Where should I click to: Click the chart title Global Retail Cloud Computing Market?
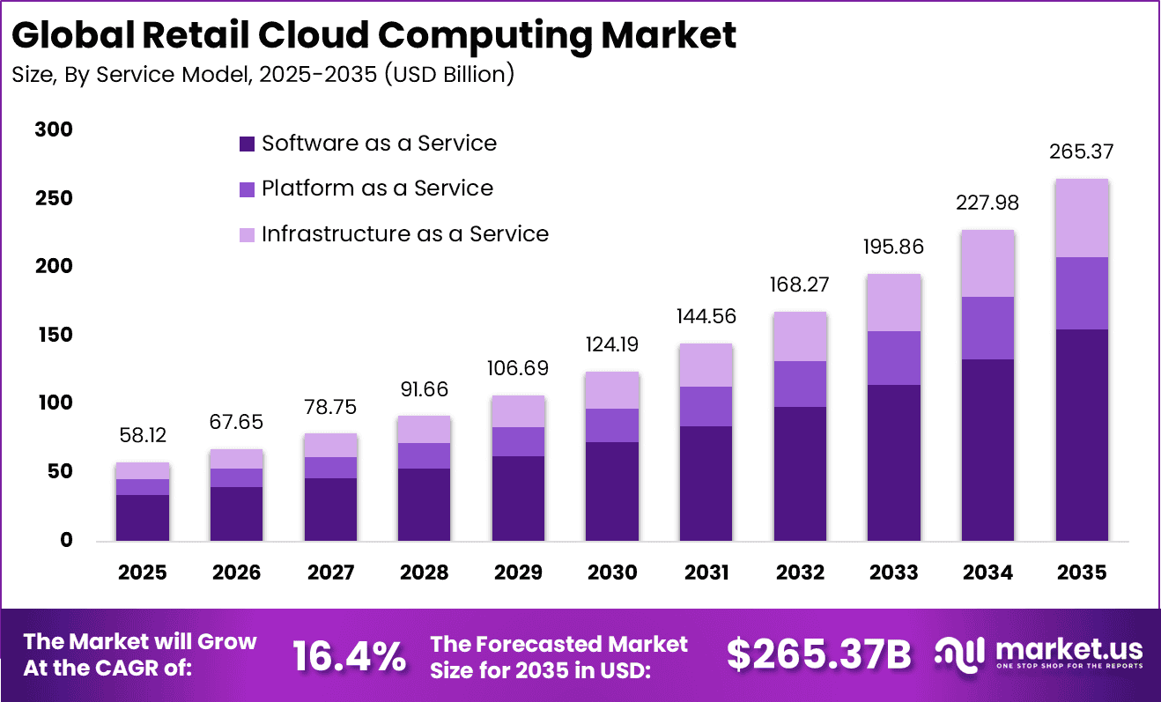coord(374,35)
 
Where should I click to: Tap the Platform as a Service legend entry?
coord(366,188)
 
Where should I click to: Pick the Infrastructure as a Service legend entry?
coord(394,234)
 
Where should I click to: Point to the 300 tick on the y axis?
coord(54,129)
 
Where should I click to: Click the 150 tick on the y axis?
coord(54,336)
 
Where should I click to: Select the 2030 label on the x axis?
coord(612,573)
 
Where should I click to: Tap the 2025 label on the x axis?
coord(143,573)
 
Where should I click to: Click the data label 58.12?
coord(143,436)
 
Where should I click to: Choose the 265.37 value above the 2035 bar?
coord(1082,151)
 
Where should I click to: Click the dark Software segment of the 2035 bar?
coord(1082,435)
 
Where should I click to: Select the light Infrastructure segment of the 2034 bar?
coord(987,263)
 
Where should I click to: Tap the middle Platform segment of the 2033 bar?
coord(894,358)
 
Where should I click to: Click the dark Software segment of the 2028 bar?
coord(425,504)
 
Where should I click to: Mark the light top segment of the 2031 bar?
coord(706,365)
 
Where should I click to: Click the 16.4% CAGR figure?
coord(349,655)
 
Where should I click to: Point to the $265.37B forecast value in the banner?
coord(818,655)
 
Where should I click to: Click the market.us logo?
coord(1039,654)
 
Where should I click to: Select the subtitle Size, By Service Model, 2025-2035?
coord(263,75)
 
